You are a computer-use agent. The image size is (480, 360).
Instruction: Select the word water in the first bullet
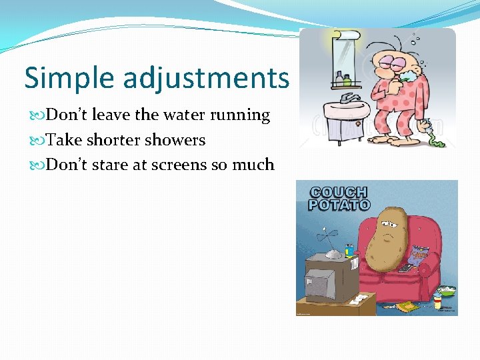[x=183, y=115]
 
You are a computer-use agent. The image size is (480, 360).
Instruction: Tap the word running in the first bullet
[x=241, y=115]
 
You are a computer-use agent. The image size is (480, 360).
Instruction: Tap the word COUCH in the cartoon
[x=338, y=192]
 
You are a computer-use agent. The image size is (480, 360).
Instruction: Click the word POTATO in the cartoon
[x=338, y=205]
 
